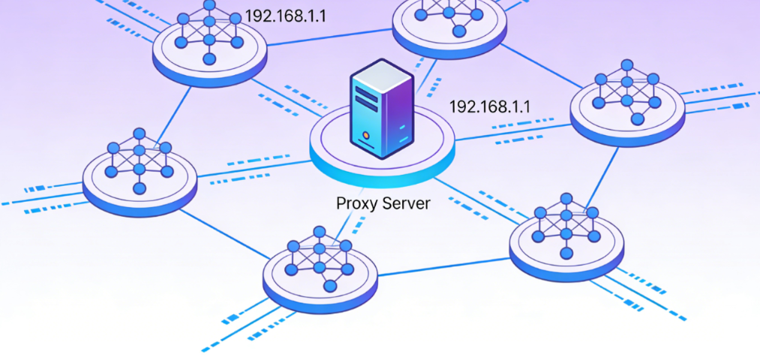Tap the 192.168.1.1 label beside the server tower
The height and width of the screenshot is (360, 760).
489,106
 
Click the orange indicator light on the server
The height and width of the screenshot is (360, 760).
365,136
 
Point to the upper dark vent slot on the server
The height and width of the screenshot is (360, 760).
367,92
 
